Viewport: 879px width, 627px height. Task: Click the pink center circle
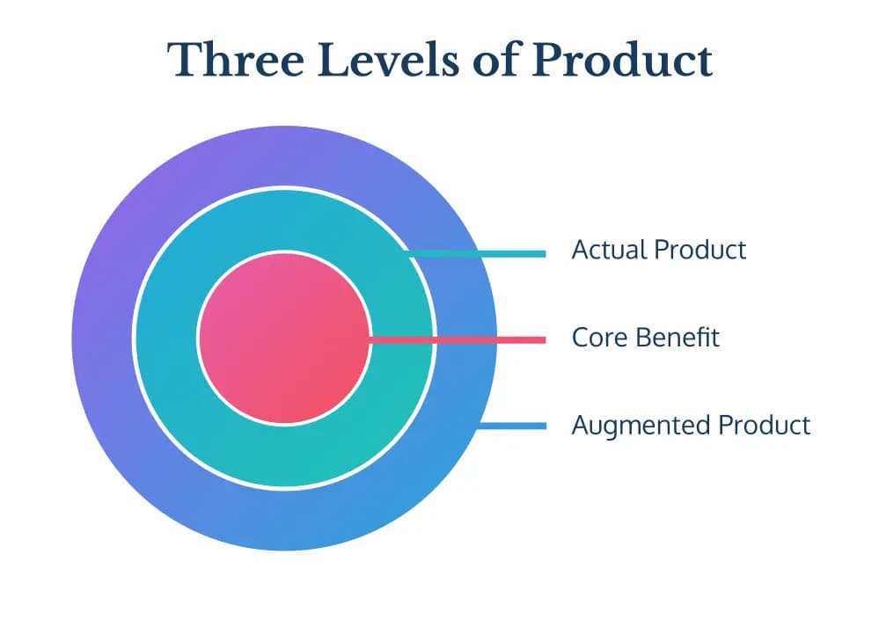pyautogui.click(x=284, y=339)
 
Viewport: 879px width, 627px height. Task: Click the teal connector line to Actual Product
pyautogui.click(x=477, y=254)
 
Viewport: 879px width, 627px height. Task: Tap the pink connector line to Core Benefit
pyautogui.click(x=458, y=339)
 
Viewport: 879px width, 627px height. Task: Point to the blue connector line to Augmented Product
pyautogui.click(x=512, y=426)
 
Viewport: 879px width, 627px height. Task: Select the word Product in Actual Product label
pyautogui.click(x=700, y=250)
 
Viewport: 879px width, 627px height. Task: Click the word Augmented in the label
pyautogui.click(x=641, y=426)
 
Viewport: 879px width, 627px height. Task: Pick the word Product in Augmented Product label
pyautogui.click(x=765, y=425)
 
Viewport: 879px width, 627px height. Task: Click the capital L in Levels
pyautogui.click(x=333, y=60)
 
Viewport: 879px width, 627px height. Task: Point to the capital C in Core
pyautogui.click(x=580, y=338)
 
